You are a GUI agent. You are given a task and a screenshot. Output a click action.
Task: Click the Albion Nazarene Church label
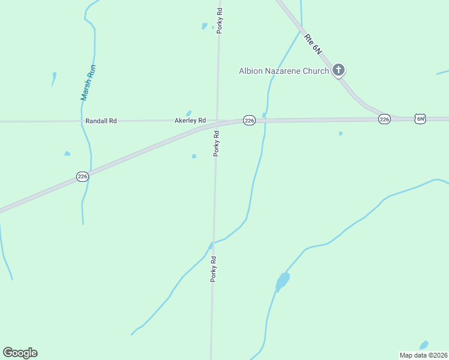[x=283, y=71]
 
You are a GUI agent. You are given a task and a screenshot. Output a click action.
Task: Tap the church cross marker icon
[x=339, y=70]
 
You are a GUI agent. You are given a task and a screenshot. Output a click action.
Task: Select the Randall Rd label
[x=101, y=121]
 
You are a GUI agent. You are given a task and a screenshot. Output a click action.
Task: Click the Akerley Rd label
[x=190, y=121]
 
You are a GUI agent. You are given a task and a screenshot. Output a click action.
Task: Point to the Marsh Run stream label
[x=88, y=82]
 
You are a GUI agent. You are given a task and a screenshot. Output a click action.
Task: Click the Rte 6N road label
[x=313, y=45]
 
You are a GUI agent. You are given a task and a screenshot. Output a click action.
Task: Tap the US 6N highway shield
[x=420, y=119]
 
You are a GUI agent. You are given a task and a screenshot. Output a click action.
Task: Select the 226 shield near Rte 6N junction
[x=385, y=119]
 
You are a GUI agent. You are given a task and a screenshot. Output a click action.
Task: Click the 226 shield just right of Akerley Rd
[x=250, y=121]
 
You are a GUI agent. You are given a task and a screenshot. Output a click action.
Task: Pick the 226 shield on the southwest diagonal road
[x=83, y=176]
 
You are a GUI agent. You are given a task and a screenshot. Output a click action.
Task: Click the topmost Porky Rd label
[x=220, y=20]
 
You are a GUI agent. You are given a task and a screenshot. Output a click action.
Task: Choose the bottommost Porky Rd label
[x=212, y=269]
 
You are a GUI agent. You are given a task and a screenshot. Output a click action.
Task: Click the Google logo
[x=20, y=353]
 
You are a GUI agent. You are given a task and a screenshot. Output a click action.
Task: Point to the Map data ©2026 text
[x=423, y=355]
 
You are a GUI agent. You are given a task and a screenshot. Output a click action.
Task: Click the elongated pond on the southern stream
[x=282, y=281]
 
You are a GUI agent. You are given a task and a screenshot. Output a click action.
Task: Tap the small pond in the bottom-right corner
[x=424, y=345]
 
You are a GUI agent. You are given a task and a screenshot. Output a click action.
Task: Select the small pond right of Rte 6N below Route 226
[x=340, y=133]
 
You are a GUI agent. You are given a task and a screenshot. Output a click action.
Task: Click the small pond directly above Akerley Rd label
[x=189, y=113]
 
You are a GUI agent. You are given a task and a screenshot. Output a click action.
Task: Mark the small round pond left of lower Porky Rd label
[x=194, y=157]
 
